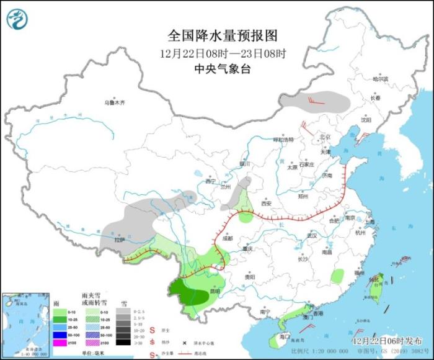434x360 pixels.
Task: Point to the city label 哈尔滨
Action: coord(379,79)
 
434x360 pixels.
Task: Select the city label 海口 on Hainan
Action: coord(285,336)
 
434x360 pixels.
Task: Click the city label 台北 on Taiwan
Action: coord(374,280)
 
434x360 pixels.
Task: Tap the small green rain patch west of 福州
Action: coord(337,276)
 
